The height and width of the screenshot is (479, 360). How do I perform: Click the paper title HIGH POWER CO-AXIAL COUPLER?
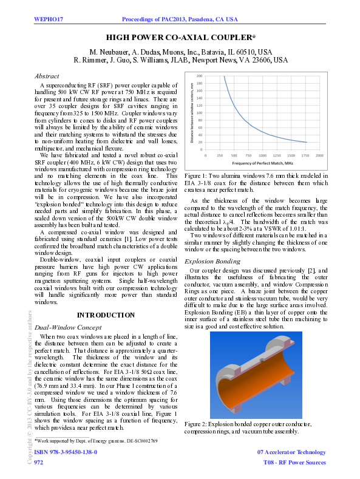[180, 38]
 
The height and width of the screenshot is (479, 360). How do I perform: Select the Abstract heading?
[47, 76]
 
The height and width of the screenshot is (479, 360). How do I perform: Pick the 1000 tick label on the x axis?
[262, 155]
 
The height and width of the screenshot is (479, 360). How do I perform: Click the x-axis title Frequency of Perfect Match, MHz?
[263, 164]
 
